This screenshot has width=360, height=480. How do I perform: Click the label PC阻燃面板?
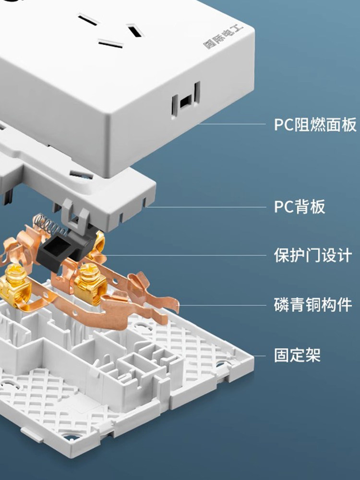point(315,125)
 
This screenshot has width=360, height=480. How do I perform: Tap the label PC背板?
point(300,207)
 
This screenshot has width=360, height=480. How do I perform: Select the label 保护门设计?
point(313,255)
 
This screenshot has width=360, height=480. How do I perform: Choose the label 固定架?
point(297,356)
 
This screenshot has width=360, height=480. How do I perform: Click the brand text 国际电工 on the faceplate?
point(224,36)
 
